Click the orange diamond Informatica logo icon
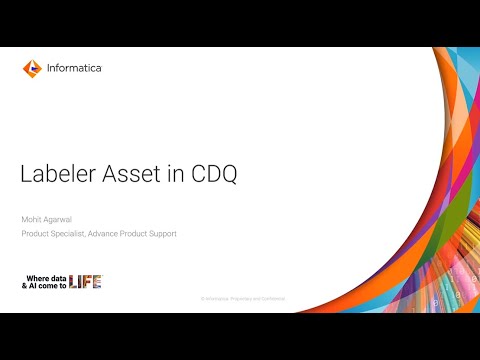pyautogui.click(x=31, y=69)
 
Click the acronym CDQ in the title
pyautogui.click(x=213, y=174)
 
